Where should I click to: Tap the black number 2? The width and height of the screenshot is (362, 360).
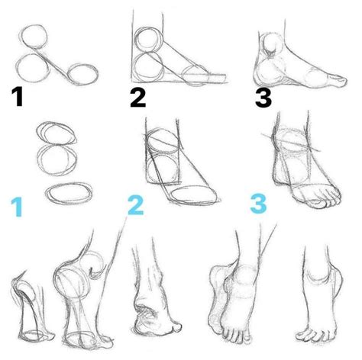(x=137, y=97)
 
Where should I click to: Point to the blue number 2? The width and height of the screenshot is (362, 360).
(x=135, y=204)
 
